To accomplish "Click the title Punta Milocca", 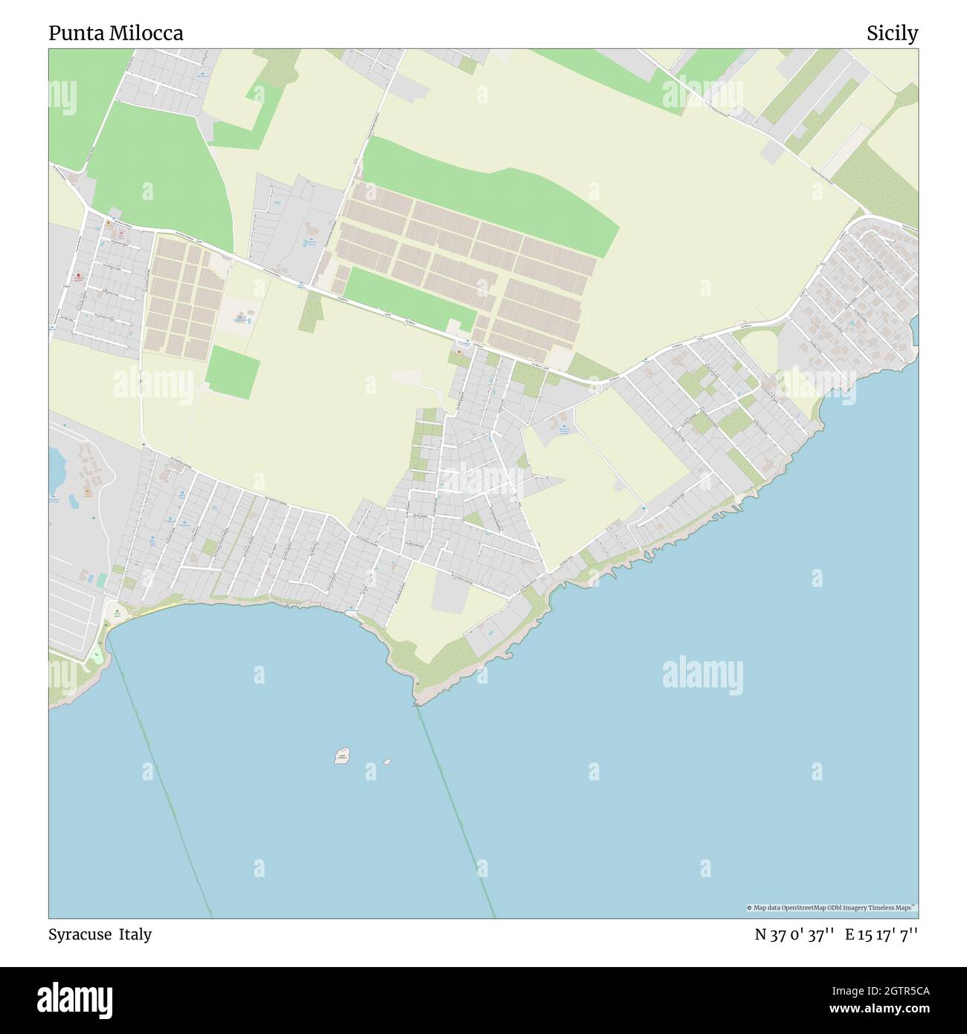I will (115, 33).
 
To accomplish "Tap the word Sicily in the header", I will (892, 33).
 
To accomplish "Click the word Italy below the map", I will (138, 934).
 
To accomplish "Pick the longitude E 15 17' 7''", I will (881, 935).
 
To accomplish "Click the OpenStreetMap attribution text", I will (832, 908).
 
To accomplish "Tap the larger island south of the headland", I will (342, 756).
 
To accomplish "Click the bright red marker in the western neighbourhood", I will (78, 277).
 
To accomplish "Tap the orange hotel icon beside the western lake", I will (88, 491).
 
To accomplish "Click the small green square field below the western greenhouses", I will (233, 370).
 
